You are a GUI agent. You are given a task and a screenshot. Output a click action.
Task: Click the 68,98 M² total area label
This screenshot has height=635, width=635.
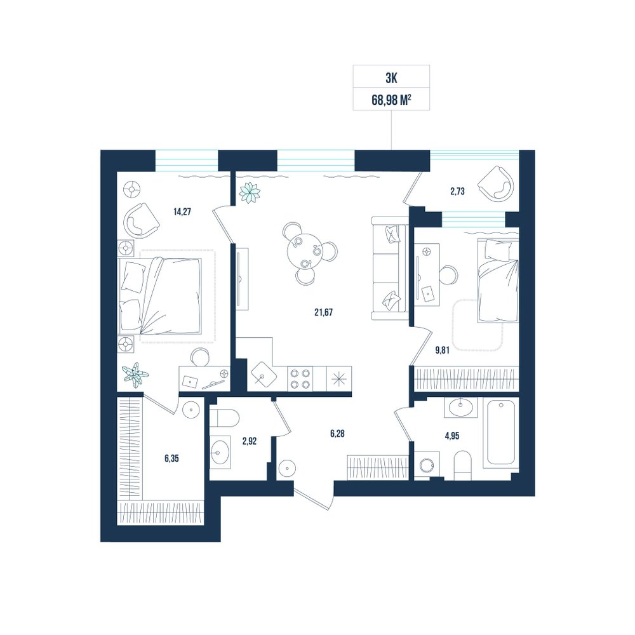(391, 100)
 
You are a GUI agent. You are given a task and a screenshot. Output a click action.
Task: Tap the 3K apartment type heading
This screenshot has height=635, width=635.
(391, 77)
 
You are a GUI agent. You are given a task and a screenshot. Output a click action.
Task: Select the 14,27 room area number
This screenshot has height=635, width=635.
(182, 211)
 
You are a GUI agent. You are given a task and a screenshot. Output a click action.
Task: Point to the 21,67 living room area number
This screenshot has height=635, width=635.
(324, 312)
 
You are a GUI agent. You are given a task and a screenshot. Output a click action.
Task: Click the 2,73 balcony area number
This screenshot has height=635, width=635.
(457, 191)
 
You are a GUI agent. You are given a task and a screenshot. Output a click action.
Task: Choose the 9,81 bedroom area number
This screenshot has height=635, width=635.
(442, 350)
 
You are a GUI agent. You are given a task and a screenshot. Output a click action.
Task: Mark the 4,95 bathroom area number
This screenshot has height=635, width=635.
(451, 436)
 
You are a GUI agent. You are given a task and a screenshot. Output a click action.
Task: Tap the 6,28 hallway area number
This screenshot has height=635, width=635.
(337, 433)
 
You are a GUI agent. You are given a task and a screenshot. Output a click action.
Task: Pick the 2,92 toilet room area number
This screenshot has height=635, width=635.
(250, 441)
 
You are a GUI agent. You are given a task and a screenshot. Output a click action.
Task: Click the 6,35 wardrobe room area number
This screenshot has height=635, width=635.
(171, 458)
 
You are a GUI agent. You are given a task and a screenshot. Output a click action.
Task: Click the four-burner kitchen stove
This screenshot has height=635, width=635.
(300, 378)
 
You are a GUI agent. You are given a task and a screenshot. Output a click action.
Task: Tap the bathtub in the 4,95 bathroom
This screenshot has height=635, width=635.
(502, 432)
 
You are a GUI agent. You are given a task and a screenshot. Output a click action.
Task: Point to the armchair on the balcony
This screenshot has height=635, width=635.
(496, 184)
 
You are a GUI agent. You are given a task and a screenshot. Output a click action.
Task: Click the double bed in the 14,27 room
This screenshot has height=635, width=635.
(161, 296)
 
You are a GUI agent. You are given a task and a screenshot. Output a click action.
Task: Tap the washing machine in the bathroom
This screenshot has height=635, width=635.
(427, 465)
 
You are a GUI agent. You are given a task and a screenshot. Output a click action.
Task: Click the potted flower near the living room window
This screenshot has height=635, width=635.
(249, 192)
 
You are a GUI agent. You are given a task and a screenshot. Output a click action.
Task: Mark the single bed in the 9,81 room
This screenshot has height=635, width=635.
(498, 281)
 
